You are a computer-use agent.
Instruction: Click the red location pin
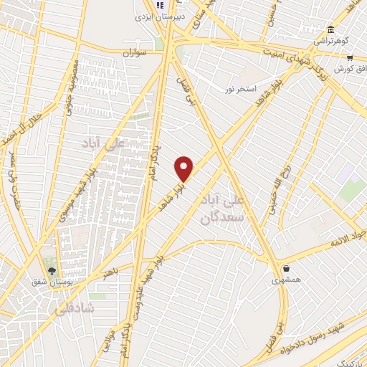184,168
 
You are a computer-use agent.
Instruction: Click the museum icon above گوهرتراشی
330,29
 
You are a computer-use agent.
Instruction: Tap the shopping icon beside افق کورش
349,57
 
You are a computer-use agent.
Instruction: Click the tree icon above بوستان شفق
52,269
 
